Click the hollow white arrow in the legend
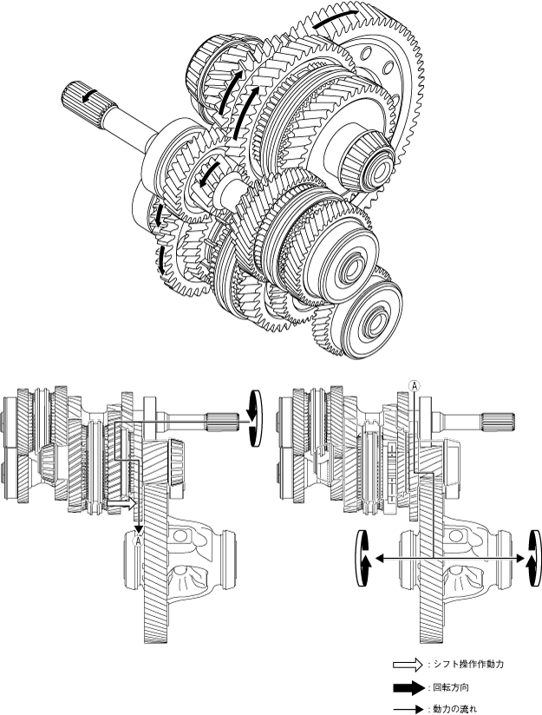coord(408,664)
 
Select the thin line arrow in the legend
coord(408,709)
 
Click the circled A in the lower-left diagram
coord(137,541)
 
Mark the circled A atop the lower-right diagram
coord(414,386)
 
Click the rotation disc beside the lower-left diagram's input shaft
coord(254,418)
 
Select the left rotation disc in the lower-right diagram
coord(363,558)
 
